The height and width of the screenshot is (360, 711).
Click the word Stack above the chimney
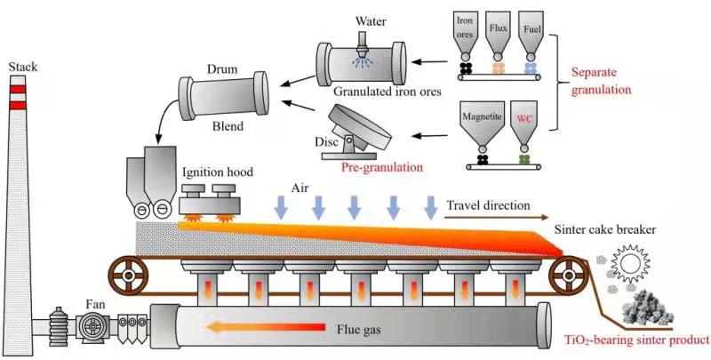[23, 68]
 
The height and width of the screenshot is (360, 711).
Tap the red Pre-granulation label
[381, 164]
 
